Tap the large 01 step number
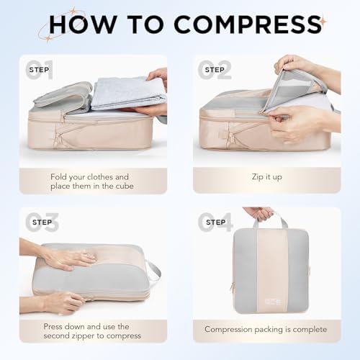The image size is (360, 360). [x=39, y=70]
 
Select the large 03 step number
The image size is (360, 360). [x=39, y=222]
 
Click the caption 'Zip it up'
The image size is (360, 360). [x=266, y=177]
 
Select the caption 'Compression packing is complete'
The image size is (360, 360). [x=266, y=330]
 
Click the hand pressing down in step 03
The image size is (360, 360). [x=68, y=258]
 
